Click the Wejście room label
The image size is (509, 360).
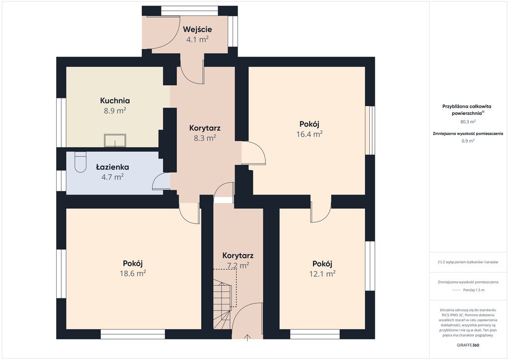coord(197,29)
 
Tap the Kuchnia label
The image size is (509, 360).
coord(115,100)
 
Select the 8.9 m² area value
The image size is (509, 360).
coord(115,111)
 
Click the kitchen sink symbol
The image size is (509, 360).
coord(115,140)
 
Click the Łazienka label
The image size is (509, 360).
coord(113,167)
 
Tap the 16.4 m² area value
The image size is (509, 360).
coord(309,134)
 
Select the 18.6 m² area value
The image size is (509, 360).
coord(133,273)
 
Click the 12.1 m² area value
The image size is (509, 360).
coord(322,273)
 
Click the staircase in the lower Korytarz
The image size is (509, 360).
coord(222,305)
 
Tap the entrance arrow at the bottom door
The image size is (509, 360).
coord(248,338)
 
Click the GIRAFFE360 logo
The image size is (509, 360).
coord(467,345)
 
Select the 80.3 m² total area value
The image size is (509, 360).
coord(468,122)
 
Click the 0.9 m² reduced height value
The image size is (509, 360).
coord(468,141)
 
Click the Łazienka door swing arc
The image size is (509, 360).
coord(159,178)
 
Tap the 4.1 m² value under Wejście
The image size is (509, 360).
coord(197,40)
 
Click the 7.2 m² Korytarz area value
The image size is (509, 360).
coord(238,266)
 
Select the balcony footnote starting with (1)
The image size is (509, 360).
coord(468,262)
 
